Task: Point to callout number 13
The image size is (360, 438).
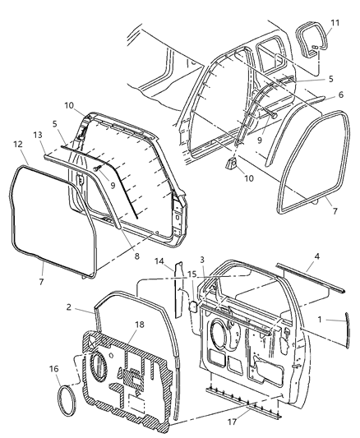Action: (x=36, y=135)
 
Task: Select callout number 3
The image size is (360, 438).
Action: (x=201, y=260)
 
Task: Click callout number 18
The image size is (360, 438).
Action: (x=139, y=325)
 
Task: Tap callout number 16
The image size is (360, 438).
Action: (x=53, y=370)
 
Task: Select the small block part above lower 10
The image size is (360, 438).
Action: (x=233, y=163)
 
